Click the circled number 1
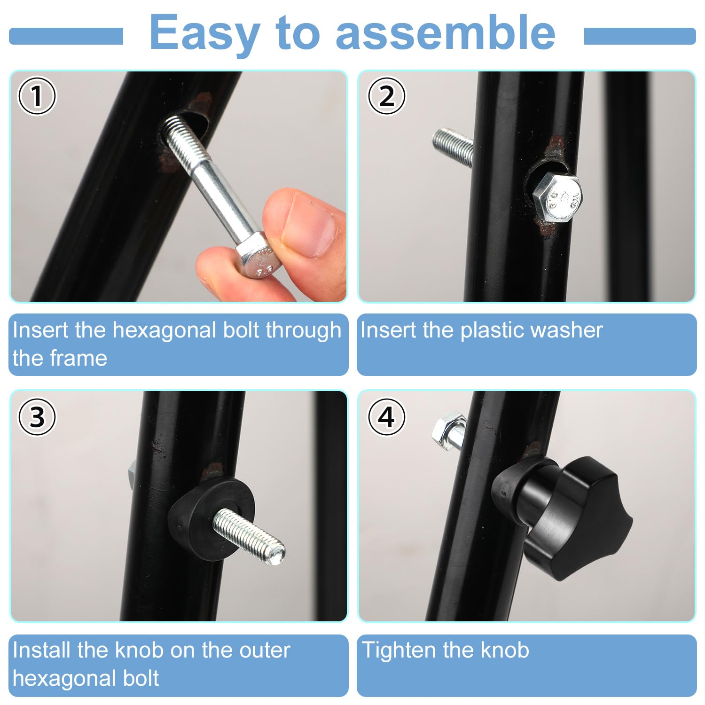click(x=37, y=96)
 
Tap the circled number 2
click(x=386, y=96)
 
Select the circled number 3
click(x=37, y=417)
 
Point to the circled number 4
click(x=386, y=417)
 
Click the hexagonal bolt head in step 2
click(x=557, y=197)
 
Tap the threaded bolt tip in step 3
click(x=249, y=537)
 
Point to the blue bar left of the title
click(x=66, y=36)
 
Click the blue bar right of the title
click(x=640, y=36)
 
